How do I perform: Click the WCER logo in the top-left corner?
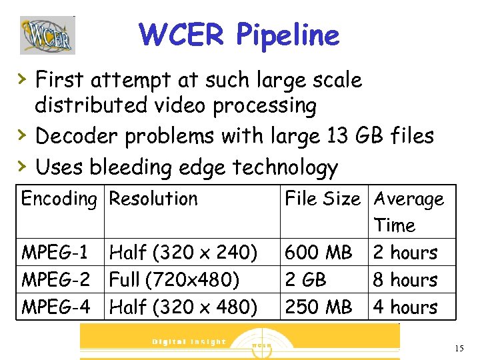47,35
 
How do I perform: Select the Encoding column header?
59,199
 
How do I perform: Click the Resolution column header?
153,199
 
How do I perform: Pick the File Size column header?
323,199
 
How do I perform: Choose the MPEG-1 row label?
55,253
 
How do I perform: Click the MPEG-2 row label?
55,280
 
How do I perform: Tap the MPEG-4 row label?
55,307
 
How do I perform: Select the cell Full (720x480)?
174,280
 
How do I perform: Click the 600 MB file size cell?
318,253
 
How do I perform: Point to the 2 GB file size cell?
305,280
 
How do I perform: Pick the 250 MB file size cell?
318,307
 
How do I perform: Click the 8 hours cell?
405,280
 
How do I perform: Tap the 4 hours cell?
405,307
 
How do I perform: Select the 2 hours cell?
405,253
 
